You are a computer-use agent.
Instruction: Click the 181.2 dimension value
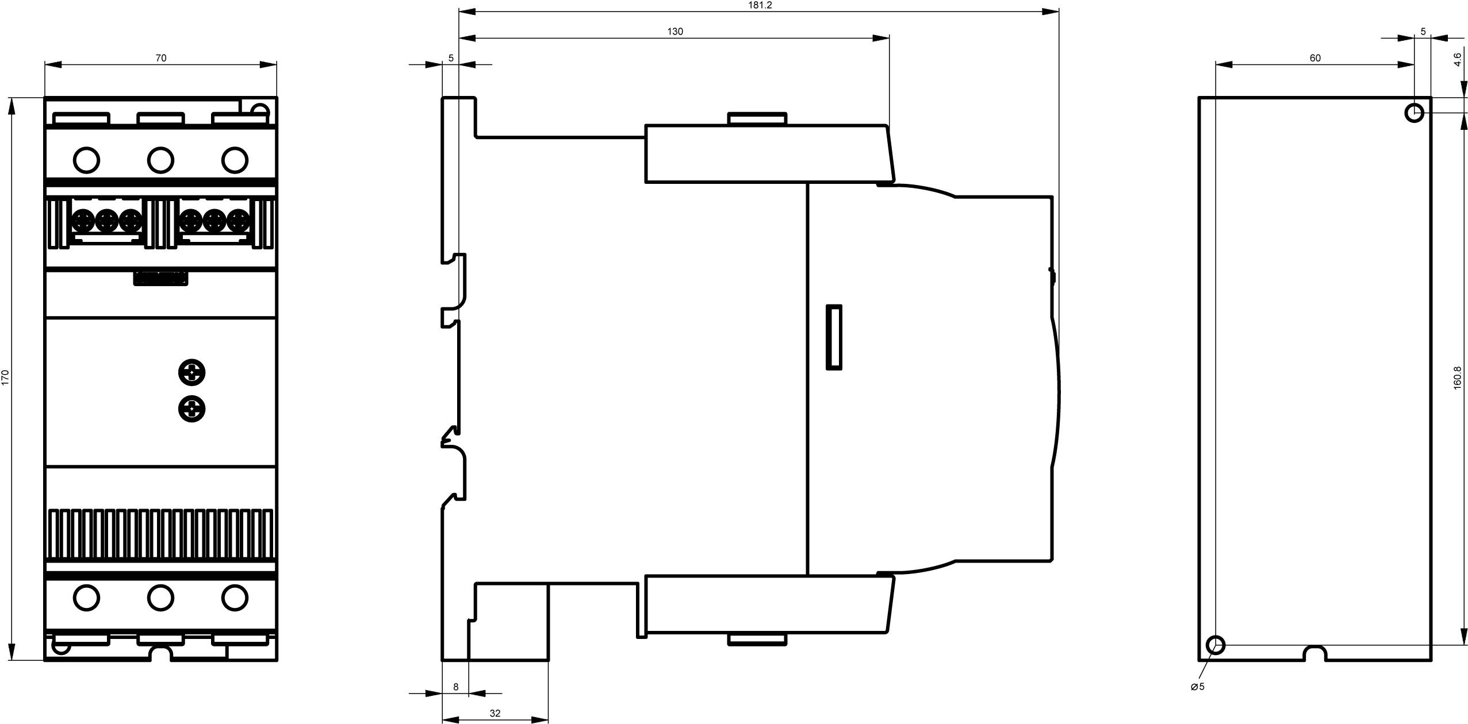760,5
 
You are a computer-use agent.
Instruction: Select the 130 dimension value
675,32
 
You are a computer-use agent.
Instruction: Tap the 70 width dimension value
161,58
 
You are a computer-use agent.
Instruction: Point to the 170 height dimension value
6,377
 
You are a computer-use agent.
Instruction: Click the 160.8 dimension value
1457,378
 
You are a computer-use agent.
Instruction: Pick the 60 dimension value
1315,58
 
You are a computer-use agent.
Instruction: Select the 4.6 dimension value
1457,60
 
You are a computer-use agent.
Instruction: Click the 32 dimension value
495,713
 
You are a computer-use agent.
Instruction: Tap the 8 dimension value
456,687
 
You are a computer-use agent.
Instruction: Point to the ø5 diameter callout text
1198,687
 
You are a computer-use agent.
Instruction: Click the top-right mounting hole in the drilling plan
1415,113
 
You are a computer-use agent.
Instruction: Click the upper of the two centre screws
192,372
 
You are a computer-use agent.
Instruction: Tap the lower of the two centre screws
192,409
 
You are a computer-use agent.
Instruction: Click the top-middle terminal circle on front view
160,160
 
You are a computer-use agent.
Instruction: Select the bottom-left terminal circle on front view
87,598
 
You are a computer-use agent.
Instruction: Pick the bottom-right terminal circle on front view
235,598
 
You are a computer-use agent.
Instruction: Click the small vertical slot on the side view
834,337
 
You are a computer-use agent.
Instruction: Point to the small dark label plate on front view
160,278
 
